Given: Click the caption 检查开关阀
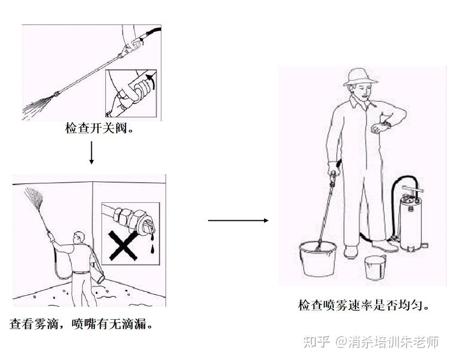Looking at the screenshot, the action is click(99, 128).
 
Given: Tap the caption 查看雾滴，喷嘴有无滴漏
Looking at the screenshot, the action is click(81, 324).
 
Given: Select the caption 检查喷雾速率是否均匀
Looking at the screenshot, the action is click(364, 305).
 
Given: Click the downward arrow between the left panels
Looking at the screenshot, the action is click(91, 152).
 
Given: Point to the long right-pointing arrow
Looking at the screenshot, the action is click(238, 220).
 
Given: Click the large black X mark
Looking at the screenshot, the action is click(123, 245).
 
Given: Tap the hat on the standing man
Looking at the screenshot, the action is click(360, 77).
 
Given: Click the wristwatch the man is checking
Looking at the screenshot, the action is click(386, 125).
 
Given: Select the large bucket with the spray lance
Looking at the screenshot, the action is click(318, 258).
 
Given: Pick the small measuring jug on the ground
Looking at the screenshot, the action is click(376, 267).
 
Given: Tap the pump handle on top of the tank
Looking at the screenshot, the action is click(412, 189).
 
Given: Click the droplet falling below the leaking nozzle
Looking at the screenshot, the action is click(152, 249).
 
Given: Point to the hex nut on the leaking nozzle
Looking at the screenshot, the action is click(120, 215).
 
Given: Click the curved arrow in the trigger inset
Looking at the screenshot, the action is click(151, 81).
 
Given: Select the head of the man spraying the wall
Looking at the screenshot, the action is click(79, 238).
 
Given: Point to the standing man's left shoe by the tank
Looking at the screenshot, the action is click(385, 246).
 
